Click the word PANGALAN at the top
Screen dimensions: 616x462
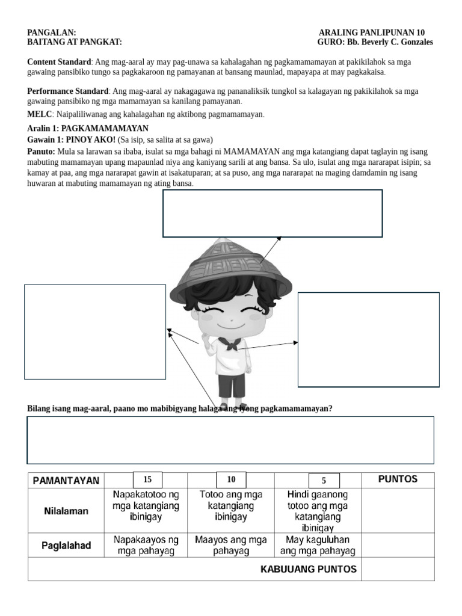pyautogui.click(x=51, y=32)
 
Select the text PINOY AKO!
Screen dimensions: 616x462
pyautogui.click(x=90, y=139)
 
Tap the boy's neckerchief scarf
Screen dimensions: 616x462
pyautogui.click(x=229, y=345)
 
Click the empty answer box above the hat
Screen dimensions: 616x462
pyautogui.click(x=272, y=214)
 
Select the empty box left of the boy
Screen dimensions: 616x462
pyautogui.click(x=94, y=331)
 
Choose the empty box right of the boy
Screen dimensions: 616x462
pyautogui.click(x=368, y=339)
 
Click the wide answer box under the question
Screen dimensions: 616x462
pyautogui.click(x=230, y=440)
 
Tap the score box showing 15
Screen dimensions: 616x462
pyautogui.click(x=147, y=479)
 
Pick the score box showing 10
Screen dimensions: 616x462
pyautogui.click(x=231, y=479)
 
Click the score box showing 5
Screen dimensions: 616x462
pyautogui.click(x=324, y=481)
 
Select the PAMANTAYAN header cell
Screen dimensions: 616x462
pyautogui.click(x=66, y=481)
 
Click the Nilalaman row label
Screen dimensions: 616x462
pyautogui.click(x=66, y=511)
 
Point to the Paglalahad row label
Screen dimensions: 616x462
pyautogui.click(x=66, y=546)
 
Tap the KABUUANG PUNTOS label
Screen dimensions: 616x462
pyautogui.click(x=308, y=569)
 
